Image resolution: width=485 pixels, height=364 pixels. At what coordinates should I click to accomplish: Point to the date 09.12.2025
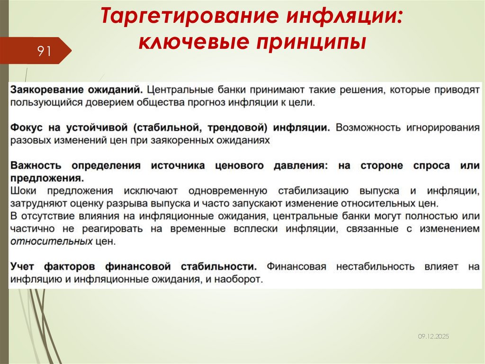[433, 336]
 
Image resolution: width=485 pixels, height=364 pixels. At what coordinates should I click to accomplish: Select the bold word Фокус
[27, 128]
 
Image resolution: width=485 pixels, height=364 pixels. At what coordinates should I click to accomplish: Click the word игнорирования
[443, 128]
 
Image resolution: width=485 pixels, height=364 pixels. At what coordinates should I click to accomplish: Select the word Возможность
[366, 128]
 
